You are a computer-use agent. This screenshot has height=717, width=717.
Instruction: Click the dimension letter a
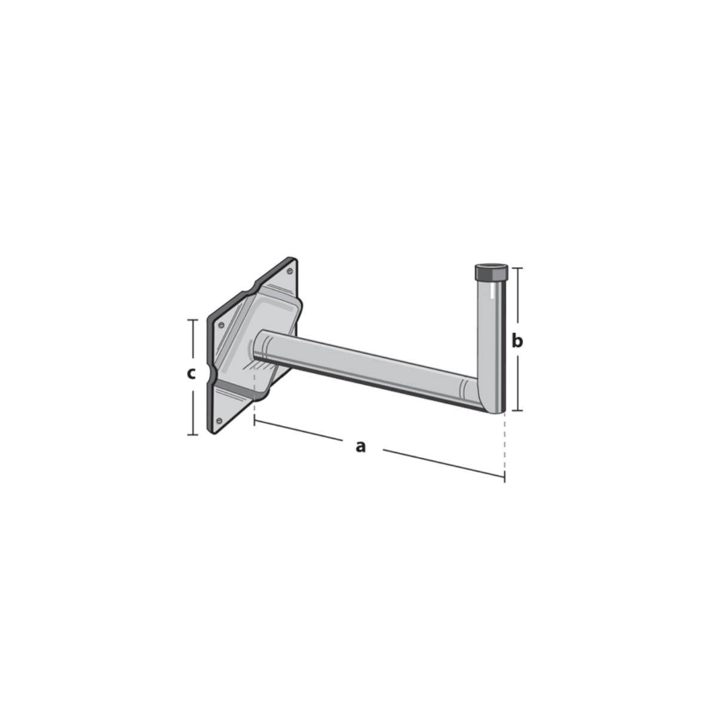[360, 446]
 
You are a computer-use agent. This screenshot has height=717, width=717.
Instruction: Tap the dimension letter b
[517, 341]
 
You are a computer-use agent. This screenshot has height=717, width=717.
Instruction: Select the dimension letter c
[191, 374]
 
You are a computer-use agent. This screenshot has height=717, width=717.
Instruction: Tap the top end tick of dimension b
[517, 268]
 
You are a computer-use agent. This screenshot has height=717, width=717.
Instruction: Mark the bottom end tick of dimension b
[517, 410]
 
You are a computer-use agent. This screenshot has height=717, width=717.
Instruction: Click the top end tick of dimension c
[192, 320]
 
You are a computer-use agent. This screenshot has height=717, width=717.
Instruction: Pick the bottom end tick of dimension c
[192, 434]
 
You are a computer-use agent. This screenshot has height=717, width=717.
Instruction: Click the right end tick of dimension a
[505, 477]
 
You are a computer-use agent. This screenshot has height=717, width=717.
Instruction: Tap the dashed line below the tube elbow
[505, 442]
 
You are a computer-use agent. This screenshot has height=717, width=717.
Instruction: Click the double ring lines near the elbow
[464, 389]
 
